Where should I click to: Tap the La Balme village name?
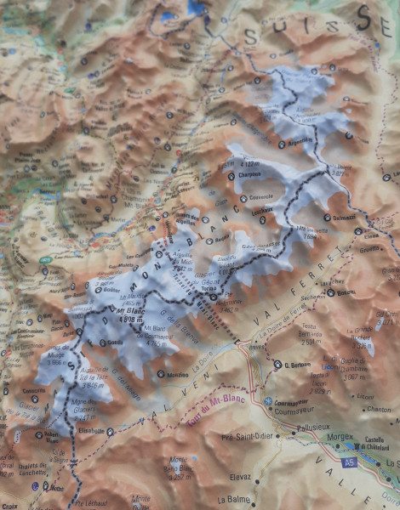[237, 500]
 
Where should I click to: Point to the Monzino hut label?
[178, 374]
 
